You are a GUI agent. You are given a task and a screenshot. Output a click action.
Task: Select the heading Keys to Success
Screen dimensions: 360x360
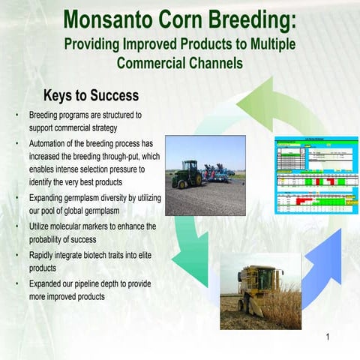click(91, 96)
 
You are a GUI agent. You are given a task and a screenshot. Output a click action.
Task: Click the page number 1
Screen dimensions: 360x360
click(328, 337)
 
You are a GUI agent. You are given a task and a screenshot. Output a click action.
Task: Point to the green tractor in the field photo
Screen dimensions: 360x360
click(186, 175)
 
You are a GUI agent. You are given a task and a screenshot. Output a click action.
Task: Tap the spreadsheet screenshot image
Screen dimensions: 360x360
click(308, 175)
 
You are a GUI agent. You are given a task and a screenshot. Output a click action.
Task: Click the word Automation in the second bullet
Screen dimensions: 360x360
click(52, 143)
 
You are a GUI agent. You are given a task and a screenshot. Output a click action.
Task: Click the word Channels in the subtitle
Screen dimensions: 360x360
click(207, 63)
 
